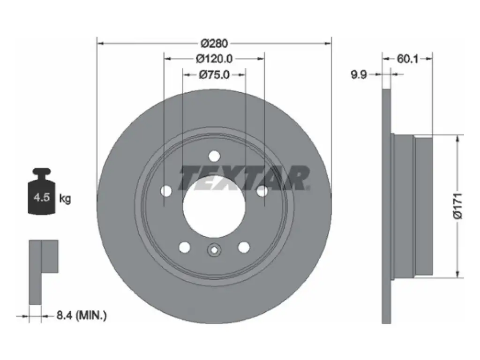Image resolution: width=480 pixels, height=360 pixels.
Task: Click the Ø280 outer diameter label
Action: point(214,44)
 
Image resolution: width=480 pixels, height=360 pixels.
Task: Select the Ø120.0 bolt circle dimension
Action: point(214,59)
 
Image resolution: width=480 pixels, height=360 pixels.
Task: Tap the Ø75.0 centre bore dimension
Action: point(214,75)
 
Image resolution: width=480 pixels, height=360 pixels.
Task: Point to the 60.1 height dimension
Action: point(407,59)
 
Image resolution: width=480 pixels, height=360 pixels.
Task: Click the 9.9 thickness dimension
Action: point(359,75)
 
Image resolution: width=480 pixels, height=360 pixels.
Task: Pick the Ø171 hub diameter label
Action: point(457,206)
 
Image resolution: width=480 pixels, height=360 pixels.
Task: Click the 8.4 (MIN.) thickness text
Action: point(82,315)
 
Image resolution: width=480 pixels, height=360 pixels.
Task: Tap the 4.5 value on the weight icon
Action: point(42,197)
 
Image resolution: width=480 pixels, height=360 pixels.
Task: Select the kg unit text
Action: point(65,199)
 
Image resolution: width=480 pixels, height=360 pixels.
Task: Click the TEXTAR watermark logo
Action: point(244,178)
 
